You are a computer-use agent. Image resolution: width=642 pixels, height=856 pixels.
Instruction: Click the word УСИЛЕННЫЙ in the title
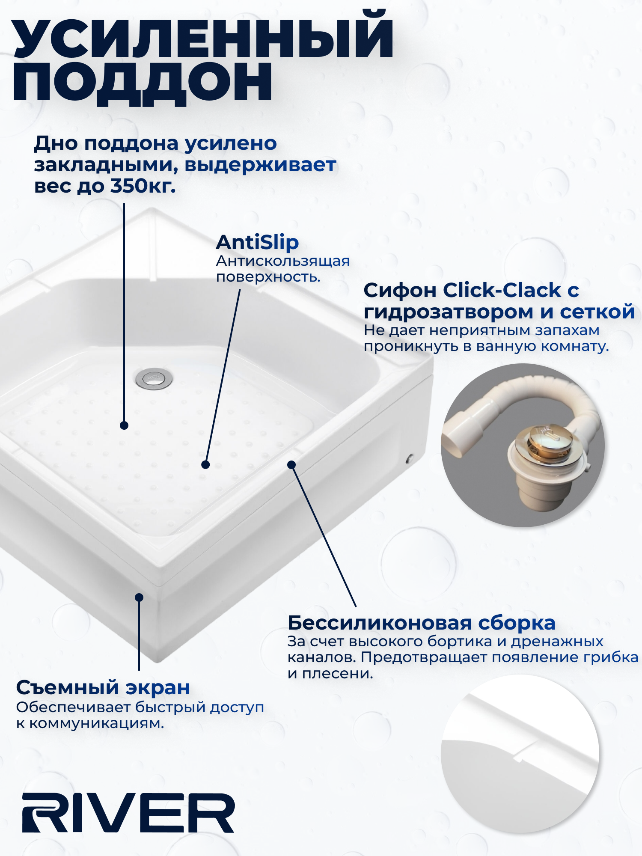pos(203,36)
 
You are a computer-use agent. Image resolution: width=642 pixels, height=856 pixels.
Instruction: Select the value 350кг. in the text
pos(143,186)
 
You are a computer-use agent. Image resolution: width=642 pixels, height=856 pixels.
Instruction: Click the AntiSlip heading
pos(257,242)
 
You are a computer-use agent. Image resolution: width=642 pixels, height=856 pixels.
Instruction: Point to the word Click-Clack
pos(501,291)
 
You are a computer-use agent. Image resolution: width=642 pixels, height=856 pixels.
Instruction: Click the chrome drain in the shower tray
pos(154,378)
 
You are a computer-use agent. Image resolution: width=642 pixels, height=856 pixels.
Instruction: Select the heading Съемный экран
pos(103,688)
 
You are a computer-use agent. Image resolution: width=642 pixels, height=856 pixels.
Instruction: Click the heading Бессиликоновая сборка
pos(421,623)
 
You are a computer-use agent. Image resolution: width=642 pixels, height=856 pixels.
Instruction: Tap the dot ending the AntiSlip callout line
pos(205,464)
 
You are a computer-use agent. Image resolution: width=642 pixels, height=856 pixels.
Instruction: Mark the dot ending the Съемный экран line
pos(139,597)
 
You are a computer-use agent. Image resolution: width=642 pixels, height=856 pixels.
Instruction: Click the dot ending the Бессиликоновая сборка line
pos(291,464)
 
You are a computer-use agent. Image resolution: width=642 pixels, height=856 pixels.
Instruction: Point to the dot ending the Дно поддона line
pos(124,425)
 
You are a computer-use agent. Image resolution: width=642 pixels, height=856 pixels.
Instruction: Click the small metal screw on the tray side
pos(409,459)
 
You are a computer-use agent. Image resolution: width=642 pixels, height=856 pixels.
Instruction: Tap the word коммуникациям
pos(97,723)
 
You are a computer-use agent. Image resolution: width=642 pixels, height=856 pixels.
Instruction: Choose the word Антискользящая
pos(282,261)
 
